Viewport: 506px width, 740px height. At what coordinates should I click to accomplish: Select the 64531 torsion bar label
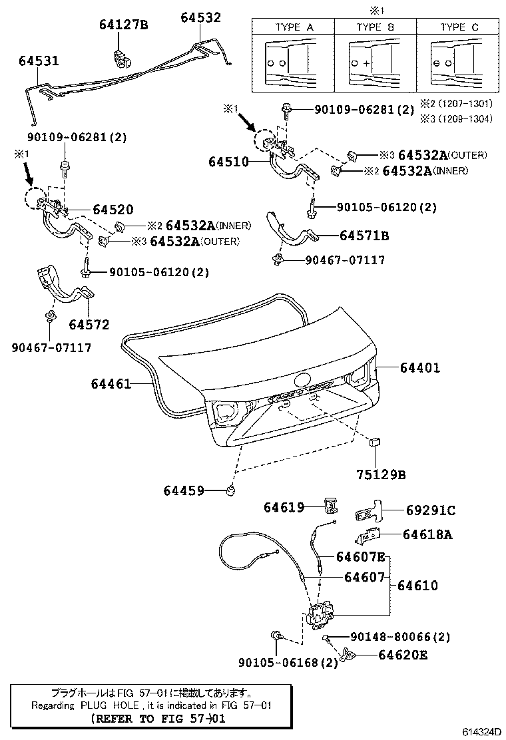pyautogui.click(x=39, y=61)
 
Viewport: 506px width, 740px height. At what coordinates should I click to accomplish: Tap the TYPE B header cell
pyautogui.click(x=375, y=27)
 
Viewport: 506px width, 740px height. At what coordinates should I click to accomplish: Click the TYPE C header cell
pyautogui.click(x=459, y=27)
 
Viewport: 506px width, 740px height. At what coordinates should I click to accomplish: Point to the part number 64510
pyautogui.click(x=228, y=162)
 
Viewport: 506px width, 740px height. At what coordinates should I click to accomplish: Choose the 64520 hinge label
pyautogui.click(x=113, y=210)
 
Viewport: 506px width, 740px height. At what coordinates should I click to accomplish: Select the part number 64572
pyautogui.click(x=88, y=324)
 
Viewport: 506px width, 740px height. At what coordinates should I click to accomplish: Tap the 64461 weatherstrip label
pyautogui.click(x=111, y=383)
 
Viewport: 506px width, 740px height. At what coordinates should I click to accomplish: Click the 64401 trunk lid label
pyautogui.click(x=420, y=367)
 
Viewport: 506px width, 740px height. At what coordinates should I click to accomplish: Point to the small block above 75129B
pyautogui.click(x=374, y=441)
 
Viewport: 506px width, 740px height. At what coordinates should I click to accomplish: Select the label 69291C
pyautogui.click(x=430, y=510)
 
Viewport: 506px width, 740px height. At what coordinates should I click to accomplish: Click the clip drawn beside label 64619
pyautogui.click(x=330, y=505)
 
